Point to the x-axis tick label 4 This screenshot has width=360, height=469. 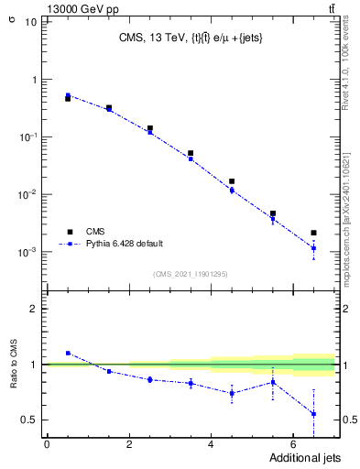point(211,444)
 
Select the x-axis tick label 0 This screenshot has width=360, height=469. point(47,444)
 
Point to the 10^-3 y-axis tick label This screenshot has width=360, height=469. point(27,252)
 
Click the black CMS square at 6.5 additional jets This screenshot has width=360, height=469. point(313,233)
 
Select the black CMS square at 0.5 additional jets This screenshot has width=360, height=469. point(68,98)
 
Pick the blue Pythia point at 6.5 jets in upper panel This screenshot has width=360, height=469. point(313,248)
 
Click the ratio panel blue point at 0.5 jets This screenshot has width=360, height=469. point(68,353)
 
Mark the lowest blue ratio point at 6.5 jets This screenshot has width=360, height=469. point(313,414)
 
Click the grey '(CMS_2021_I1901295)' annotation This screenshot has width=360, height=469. point(191,274)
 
